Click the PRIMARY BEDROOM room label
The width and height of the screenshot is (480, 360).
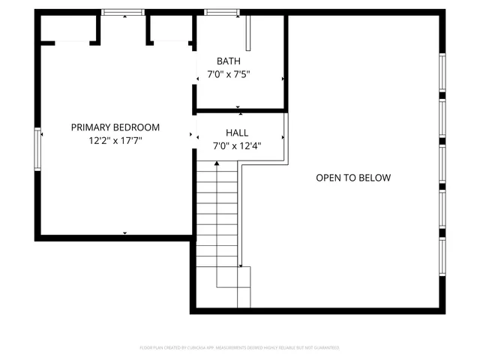click(x=115, y=127)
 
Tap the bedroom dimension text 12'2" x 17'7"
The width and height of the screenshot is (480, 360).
click(x=115, y=139)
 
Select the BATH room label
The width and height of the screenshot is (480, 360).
click(x=228, y=61)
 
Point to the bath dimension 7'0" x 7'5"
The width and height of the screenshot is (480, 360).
click(x=228, y=74)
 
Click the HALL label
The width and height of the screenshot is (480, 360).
click(x=226, y=133)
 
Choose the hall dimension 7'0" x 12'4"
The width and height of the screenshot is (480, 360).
click(x=236, y=146)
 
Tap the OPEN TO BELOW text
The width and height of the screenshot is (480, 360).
click(x=352, y=178)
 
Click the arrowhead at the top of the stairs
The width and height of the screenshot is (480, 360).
click(x=217, y=163)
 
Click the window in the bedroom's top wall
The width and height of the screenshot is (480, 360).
click(x=124, y=12)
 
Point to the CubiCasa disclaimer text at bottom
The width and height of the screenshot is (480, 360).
click(x=239, y=348)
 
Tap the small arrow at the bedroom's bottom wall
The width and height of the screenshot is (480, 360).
click(x=124, y=233)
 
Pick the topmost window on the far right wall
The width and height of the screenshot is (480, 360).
click(x=442, y=73)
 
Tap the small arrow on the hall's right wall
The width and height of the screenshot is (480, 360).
click(x=283, y=137)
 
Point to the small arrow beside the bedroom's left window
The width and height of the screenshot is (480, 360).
click(x=43, y=134)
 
